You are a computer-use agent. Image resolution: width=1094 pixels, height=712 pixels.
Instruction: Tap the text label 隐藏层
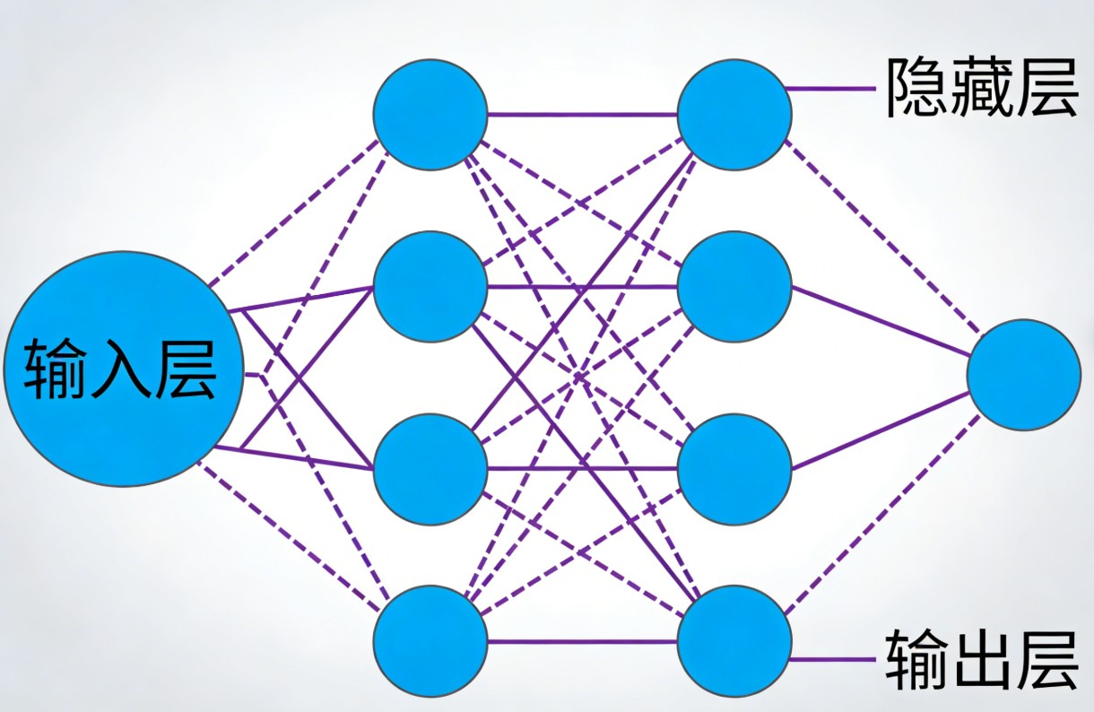click(981, 88)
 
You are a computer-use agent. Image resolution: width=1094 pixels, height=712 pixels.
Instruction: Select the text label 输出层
click(981, 658)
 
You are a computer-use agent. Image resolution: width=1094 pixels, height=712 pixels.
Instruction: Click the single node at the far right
click(1024, 374)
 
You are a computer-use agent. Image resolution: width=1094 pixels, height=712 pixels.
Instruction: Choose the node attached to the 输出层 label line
click(734, 640)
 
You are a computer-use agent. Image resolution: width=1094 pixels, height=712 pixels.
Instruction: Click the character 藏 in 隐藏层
click(981, 88)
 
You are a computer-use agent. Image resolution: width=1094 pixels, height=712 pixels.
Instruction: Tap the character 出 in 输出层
click(981, 658)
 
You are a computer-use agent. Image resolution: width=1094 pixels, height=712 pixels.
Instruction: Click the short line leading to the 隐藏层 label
click(829, 89)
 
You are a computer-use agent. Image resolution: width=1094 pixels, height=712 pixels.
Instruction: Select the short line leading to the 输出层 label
click(829, 660)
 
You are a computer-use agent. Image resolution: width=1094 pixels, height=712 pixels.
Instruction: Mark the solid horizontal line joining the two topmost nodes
click(583, 115)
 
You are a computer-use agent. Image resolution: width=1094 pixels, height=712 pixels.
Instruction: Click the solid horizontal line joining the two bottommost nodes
click(583, 641)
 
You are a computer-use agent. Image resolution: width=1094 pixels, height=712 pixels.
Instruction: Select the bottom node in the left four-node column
click(430, 640)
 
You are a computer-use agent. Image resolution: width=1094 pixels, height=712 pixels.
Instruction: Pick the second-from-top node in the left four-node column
click(430, 287)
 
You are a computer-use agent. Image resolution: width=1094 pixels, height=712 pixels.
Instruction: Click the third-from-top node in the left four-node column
click(430, 468)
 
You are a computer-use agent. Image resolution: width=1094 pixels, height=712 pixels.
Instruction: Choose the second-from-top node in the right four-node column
click(734, 287)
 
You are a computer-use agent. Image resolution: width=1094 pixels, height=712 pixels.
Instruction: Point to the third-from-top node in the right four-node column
click(734, 468)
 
